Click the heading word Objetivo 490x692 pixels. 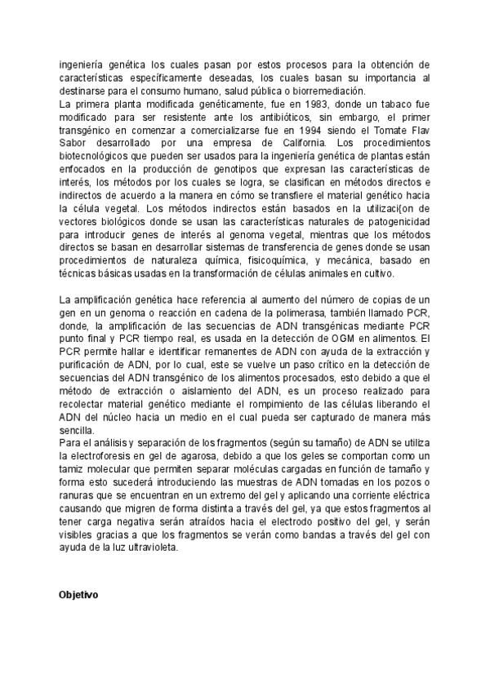pyautogui.click(x=78, y=595)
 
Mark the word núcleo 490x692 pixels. pyautogui.click(x=111, y=417)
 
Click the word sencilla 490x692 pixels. pyautogui.click(x=78, y=430)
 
